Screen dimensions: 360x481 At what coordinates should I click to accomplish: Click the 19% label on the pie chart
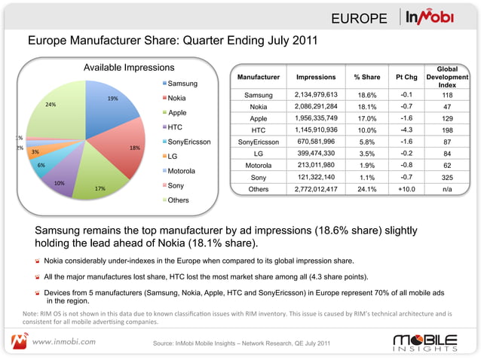112,98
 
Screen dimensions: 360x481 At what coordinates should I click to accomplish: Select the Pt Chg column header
405,78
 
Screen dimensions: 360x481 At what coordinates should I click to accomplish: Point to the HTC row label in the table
258,130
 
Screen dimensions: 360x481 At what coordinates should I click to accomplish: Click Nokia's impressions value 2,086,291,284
321,107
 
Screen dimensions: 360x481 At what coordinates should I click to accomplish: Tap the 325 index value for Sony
447,178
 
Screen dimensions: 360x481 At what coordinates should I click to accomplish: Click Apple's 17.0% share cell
366,119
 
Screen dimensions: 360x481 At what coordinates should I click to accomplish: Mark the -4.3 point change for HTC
405,130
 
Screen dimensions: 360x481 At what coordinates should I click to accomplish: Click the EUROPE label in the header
360,18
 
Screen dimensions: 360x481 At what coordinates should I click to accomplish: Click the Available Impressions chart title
129,69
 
